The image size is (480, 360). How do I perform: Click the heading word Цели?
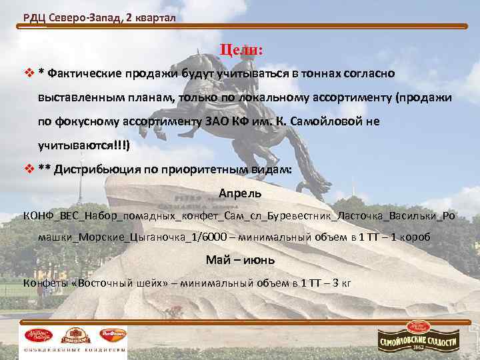[241, 51]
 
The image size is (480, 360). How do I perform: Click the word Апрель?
[240, 193]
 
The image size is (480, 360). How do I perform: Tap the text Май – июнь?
[237, 259]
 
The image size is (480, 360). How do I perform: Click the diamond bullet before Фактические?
[27, 73]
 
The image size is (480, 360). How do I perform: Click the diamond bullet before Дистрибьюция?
[27, 169]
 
